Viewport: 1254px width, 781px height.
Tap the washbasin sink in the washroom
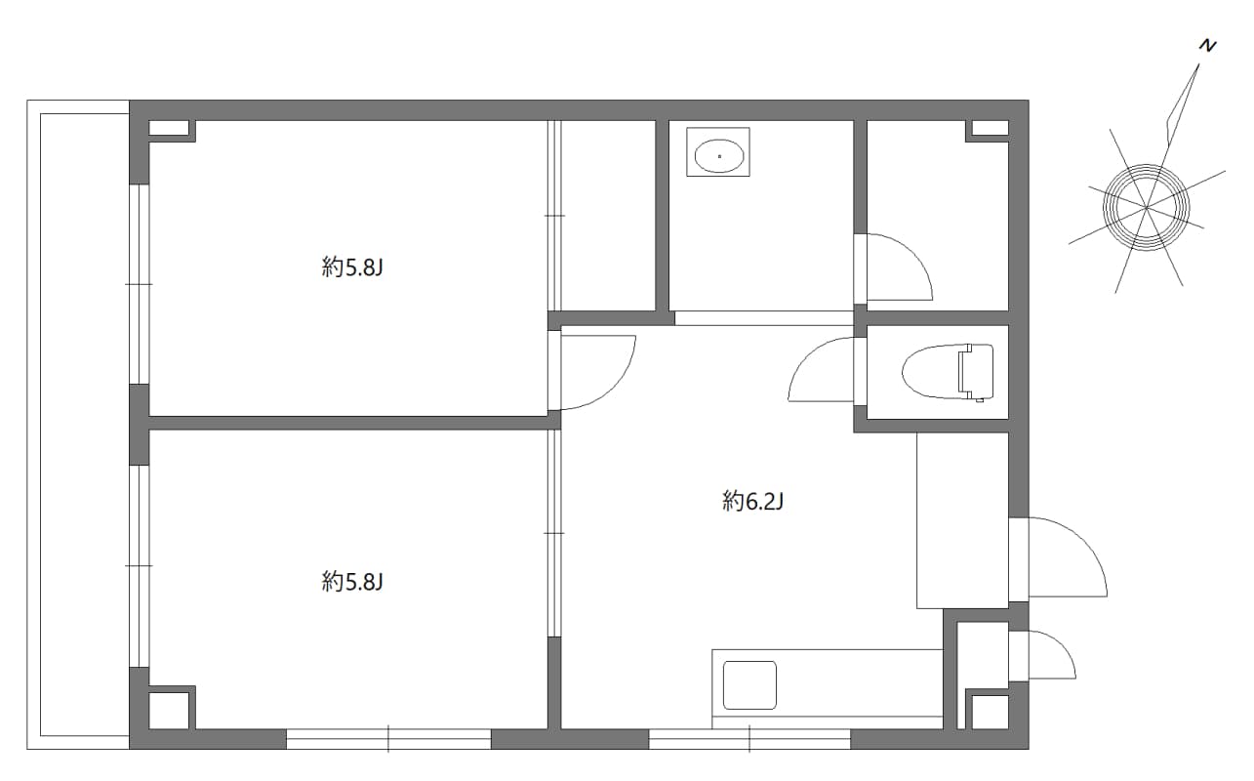click(719, 154)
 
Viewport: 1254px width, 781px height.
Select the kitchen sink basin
click(748, 685)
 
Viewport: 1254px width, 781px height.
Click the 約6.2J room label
click(753, 503)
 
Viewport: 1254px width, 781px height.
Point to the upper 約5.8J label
click(350, 267)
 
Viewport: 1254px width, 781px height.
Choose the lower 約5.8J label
click(350, 583)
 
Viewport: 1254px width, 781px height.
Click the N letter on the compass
click(1208, 46)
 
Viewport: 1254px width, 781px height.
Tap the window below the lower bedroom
click(388, 739)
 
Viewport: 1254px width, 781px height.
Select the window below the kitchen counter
click(749, 739)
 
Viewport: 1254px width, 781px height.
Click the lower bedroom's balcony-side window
click(140, 566)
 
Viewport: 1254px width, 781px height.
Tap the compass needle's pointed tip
click(1199, 66)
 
